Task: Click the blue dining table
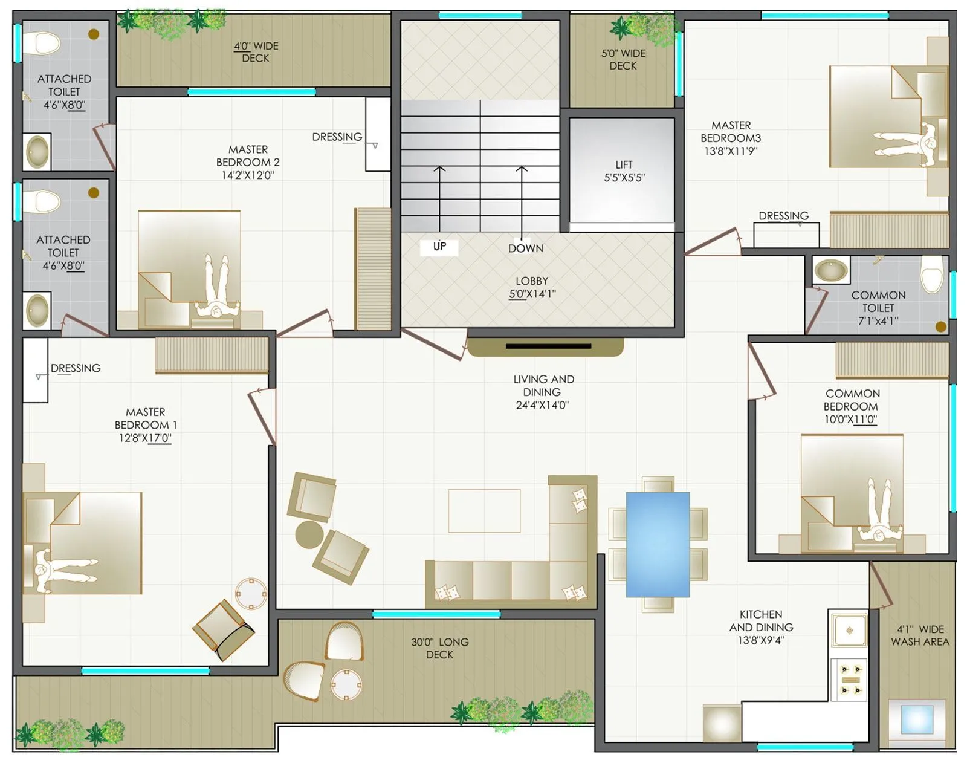click(658, 544)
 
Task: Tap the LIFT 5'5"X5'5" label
click(624, 171)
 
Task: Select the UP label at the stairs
click(439, 246)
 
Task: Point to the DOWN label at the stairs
click(525, 248)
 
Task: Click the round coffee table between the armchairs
click(309, 534)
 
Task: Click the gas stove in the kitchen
click(849, 679)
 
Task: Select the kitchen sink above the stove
click(849, 631)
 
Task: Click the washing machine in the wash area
click(917, 719)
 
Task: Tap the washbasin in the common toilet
click(830, 270)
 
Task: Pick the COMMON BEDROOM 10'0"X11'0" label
click(852, 406)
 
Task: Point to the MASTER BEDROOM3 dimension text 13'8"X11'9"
click(730, 151)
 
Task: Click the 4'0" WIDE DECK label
click(256, 52)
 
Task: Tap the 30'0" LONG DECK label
click(439, 648)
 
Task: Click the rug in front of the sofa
click(484, 511)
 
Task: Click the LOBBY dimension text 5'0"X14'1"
click(532, 294)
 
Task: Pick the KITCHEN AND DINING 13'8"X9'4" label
click(761, 627)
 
